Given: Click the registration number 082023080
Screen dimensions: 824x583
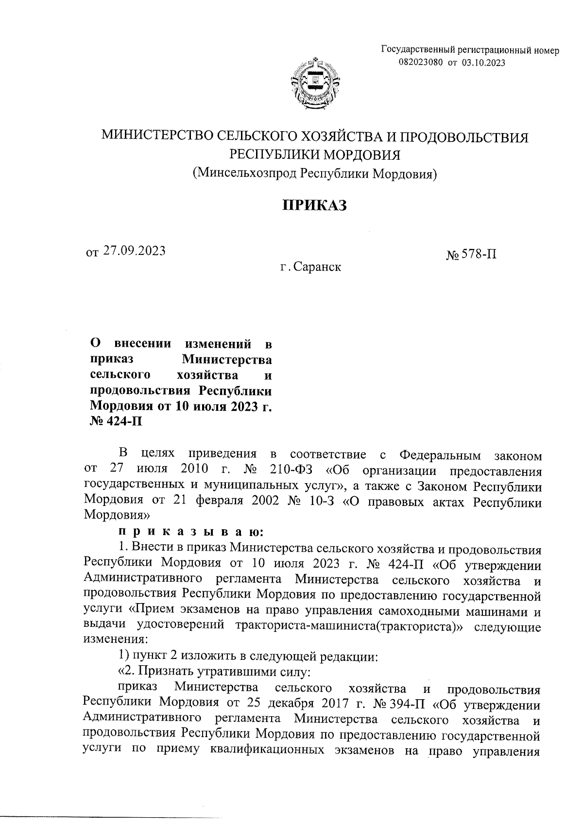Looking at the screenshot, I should pos(421,62).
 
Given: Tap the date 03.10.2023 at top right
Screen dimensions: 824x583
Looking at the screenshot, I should pos(483,62).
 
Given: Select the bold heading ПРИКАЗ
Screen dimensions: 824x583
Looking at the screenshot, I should pos(315,206).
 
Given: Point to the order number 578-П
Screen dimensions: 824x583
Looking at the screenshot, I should pos(479,254).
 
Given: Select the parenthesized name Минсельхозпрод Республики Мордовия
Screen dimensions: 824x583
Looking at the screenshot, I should pos(315,173).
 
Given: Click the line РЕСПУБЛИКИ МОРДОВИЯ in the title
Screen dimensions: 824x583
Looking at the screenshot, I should pos(315,155).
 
